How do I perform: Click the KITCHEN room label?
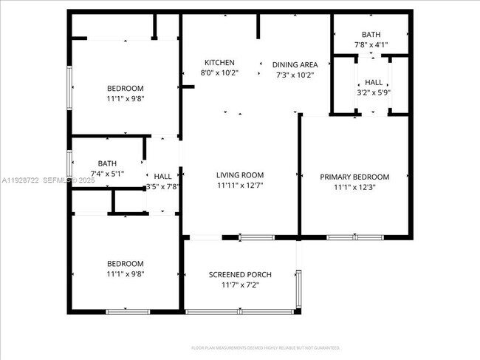click(219, 63)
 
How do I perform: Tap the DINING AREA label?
click(295, 64)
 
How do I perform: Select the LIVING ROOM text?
click(240, 175)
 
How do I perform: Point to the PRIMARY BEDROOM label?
click(354, 177)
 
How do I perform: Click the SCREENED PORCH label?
click(239, 274)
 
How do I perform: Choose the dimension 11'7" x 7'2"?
click(239, 285)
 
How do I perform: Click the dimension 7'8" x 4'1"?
click(371, 45)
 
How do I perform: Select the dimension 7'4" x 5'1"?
click(107, 174)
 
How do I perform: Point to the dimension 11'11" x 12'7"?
click(240, 186)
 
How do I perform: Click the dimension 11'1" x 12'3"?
click(354, 187)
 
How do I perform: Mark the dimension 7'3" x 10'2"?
click(295, 75)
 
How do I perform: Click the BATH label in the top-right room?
click(371, 35)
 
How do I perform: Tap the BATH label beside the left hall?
click(107, 163)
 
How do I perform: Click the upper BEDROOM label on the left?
click(125, 89)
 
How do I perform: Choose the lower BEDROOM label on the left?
click(125, 263)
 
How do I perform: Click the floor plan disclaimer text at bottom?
click(265, 347)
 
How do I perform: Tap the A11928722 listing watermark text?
click(22, 180)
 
